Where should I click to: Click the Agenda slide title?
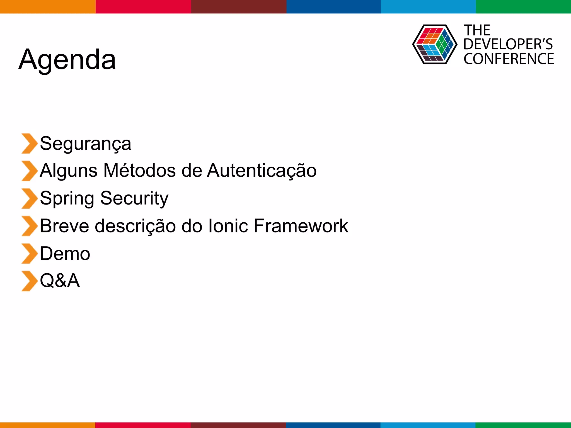tap(67, 60)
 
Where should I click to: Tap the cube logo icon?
tap(434, 44)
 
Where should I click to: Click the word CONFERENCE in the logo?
tap(509, 59)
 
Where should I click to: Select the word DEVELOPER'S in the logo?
tap(508, 44)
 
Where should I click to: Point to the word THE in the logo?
tap(477, 30)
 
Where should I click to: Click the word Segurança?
tap(85, 144)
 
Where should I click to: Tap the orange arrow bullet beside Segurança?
tap(29, 144)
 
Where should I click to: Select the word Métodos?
tap(139, 170)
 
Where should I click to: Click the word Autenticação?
tap(262, 171)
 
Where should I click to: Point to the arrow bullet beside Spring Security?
tap(29, 198)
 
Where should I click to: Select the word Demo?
tap(65, 254)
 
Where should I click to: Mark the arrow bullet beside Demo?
tap(29, 254)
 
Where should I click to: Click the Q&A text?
tap(60, 281)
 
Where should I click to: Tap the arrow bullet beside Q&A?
tap(29, 281)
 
